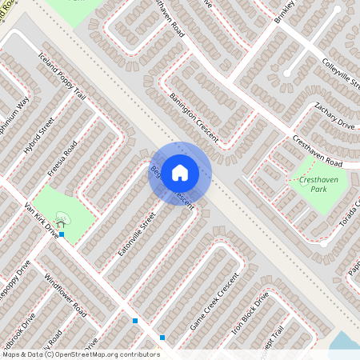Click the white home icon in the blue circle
(x=180, y=173)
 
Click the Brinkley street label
(x=283, y=14)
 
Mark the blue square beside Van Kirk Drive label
(x=62, y=234)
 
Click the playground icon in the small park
(x=62, y=218)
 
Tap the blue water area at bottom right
(x=346, y=342)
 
